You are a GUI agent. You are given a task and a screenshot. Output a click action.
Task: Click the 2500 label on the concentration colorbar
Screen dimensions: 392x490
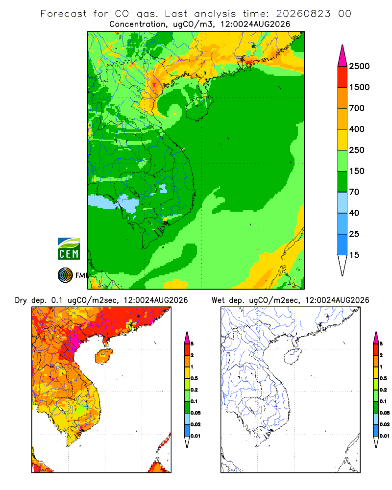pos(359,66)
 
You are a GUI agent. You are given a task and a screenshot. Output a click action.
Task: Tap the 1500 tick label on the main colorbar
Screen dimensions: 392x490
pos(359,87)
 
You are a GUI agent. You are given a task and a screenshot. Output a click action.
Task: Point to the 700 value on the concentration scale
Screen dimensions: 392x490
pos(357,108)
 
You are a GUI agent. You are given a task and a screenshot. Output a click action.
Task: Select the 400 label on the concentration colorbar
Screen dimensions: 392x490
pos(357,129)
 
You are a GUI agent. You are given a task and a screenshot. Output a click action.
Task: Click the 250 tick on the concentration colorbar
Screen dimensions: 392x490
pos(357,150)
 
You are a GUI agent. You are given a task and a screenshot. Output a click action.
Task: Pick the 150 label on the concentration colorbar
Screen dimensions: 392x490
pos(357,171)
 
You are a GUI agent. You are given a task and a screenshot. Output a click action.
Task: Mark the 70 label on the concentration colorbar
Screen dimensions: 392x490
pos(354,192)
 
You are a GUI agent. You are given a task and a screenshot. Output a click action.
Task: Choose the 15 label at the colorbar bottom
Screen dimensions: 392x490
pos(354,255)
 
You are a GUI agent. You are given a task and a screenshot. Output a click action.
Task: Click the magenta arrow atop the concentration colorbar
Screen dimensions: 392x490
pos(343,56)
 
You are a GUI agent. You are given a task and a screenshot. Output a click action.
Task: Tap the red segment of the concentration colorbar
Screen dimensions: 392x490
pos(343,77)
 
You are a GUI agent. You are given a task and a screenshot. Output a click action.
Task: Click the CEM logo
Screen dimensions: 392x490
pos(69,249)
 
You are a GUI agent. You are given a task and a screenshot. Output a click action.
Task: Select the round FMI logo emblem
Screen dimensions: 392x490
pos(65,275)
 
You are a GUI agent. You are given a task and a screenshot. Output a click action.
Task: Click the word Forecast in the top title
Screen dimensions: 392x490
pos(64,14)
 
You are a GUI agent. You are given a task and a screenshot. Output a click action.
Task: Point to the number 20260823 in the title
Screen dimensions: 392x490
pos(303,14)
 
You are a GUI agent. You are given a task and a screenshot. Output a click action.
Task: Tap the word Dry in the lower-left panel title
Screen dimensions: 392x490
pos(21,300)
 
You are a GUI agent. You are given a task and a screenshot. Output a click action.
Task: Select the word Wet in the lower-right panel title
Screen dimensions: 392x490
pos(218,300)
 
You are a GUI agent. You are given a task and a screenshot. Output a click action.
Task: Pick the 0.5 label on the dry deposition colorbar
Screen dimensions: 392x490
pos(194,378)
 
